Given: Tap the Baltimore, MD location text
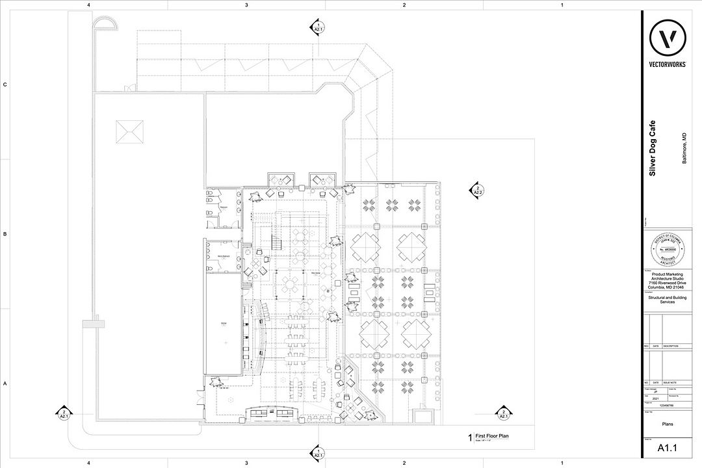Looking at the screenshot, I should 683,148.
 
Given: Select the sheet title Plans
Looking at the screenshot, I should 667,423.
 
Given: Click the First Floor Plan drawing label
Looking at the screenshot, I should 491,436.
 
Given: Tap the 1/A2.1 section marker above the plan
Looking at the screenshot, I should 318,27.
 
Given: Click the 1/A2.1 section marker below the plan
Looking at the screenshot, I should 318,452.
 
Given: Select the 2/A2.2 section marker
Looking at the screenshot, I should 476,190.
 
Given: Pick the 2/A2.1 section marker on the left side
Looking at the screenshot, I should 64,413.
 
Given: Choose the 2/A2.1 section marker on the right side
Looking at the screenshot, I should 503,413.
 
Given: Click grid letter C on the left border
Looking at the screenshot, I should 5,84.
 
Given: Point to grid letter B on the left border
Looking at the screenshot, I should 5,234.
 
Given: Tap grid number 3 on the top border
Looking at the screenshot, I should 246,5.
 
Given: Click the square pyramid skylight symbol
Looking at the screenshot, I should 129,133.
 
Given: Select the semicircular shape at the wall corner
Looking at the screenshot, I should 105,24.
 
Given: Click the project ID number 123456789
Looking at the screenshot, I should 667,404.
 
